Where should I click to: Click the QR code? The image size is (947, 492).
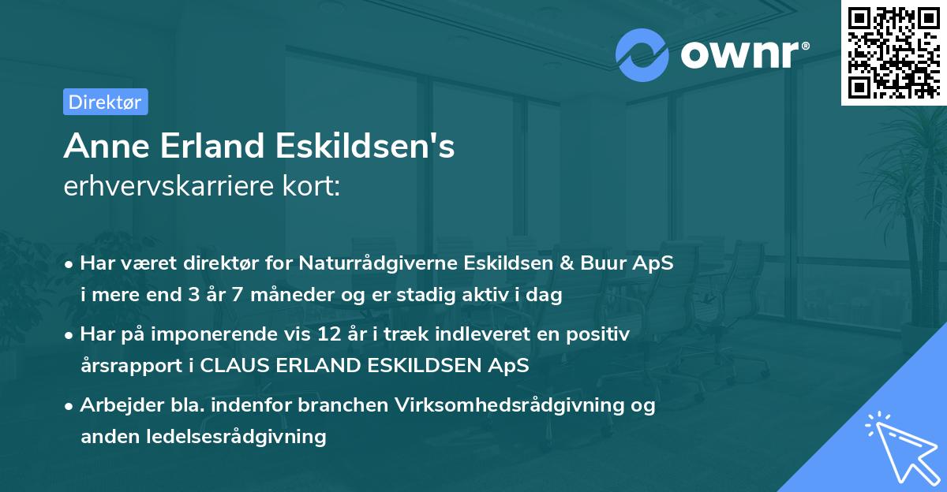coord(893,52)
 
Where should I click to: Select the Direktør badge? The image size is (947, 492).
coord(105,102)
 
